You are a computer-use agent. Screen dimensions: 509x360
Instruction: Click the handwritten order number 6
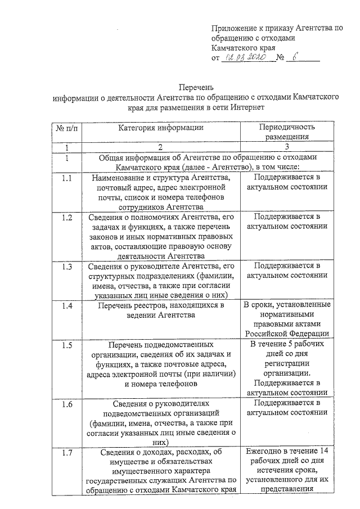pyautogui.click(x=298, y=57)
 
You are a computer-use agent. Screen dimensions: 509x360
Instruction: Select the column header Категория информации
pyautogui.click(x=160, y=128)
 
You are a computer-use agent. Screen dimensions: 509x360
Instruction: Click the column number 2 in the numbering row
pyautogui.click(x=160, y=147)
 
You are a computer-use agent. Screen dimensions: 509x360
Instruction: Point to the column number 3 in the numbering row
pyautogui.click(x=287, y=147)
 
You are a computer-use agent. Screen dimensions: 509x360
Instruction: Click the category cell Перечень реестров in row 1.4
pyautogui.click(x=160, y=310)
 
